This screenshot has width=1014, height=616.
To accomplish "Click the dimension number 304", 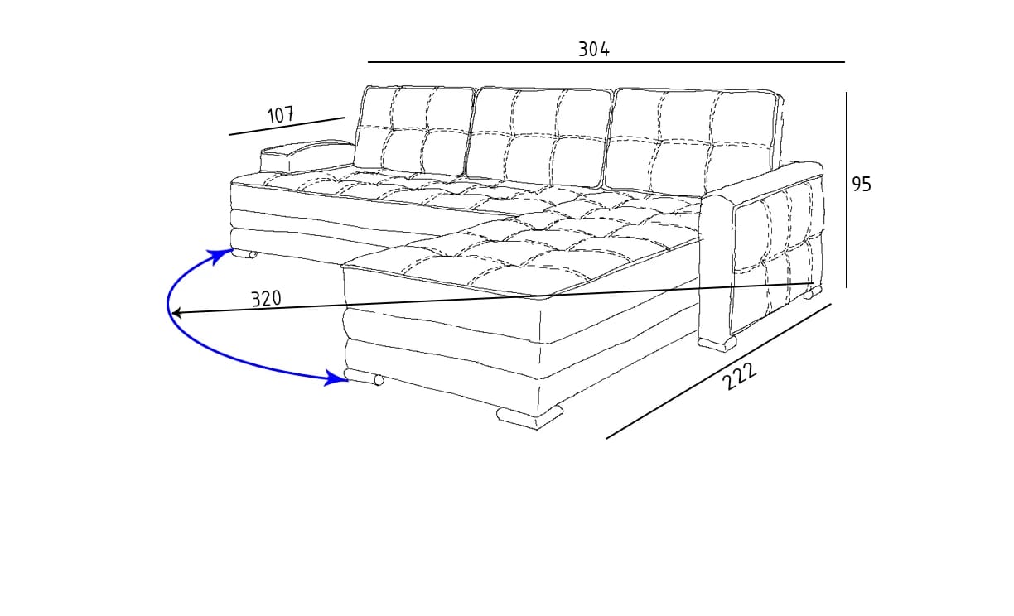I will pyautogui.click(x=594, y=50).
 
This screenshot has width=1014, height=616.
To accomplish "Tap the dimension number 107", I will pyautogui.click(x=281, y=115).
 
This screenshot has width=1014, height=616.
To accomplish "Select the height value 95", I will pyautogui.click(x=862, y=185).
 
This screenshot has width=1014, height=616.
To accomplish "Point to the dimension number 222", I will pyautogui.click(x=740, y=377).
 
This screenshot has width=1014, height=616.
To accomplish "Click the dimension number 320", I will pyautogui.click(x=267, y=299).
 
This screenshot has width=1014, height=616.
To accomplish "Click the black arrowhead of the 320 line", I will pyautogui.click(x=176, y=313).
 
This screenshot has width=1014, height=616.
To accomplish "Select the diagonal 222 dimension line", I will pyautogui.click(x=717, y=371).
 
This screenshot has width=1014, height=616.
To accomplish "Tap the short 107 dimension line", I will pyautogui.click(x=287, y=126).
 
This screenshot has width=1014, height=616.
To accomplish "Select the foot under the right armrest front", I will pyautogui.click(x=717, y=343).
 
